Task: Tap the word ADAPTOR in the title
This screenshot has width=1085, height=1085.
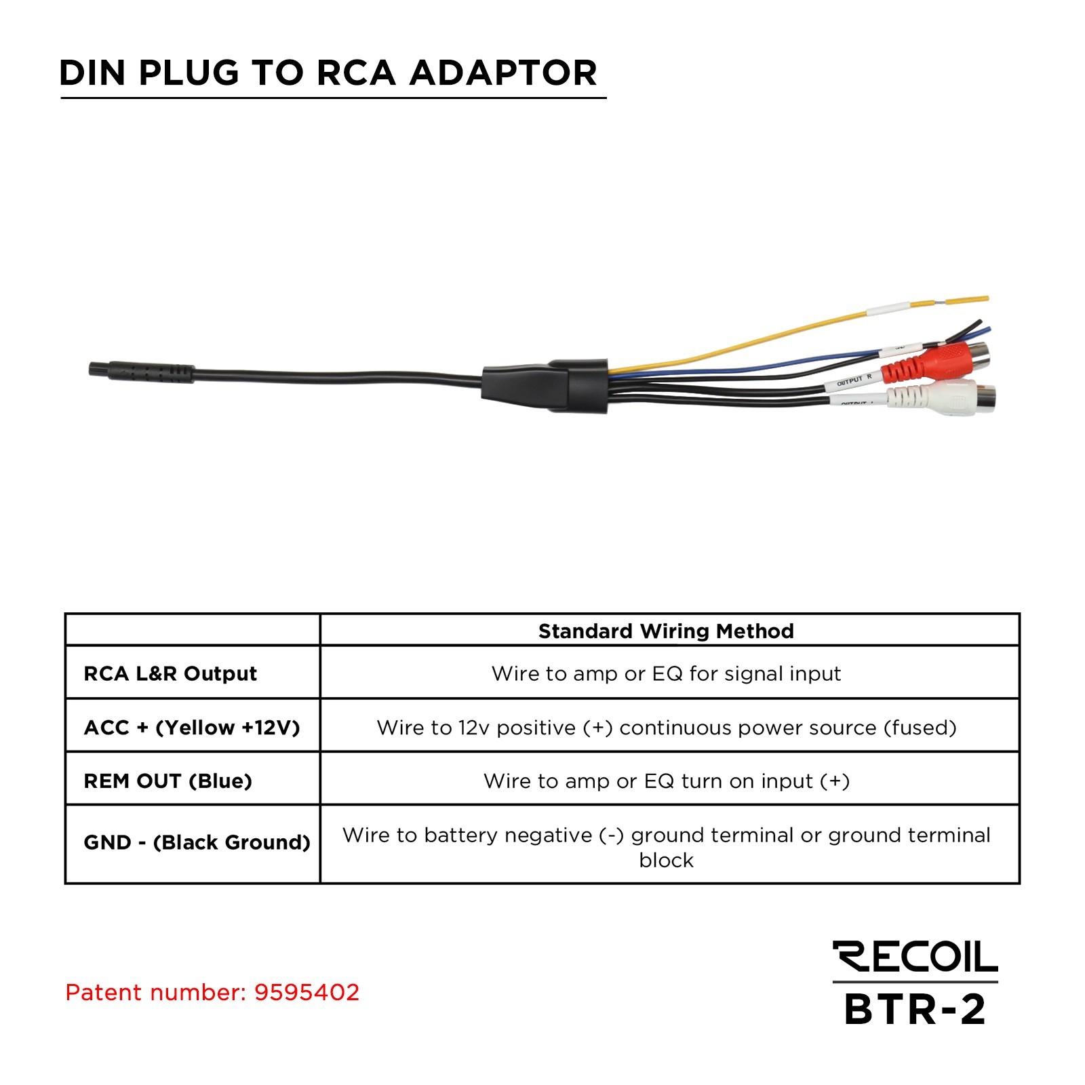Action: [x=502, y=73]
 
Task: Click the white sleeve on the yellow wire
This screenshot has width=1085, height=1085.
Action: [x=888, y=309]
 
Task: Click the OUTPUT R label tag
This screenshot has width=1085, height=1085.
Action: [x=854, y=381]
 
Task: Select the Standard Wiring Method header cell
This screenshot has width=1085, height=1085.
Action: [x=665, y=631]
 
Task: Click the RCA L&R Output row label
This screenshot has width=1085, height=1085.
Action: [x=170, y=673]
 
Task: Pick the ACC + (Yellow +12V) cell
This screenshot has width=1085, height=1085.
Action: [x=192, y=728]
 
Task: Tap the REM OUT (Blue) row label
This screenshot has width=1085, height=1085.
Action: [x=167, y=781]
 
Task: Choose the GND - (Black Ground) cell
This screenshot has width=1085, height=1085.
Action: [x=197, y=842]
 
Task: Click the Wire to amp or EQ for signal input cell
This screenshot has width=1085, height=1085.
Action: [x=665, y=673]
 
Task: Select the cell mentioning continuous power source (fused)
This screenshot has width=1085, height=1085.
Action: [x=666, y=728]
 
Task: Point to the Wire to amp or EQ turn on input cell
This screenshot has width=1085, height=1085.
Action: [x=666, y=781]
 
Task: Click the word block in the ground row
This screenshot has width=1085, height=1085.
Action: [x=666, y=861]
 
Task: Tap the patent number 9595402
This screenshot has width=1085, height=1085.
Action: [x=307, y=993]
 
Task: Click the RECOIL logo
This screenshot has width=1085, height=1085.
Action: [x=915, y=957]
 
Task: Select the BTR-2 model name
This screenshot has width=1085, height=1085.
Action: [x=915, y=1010]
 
